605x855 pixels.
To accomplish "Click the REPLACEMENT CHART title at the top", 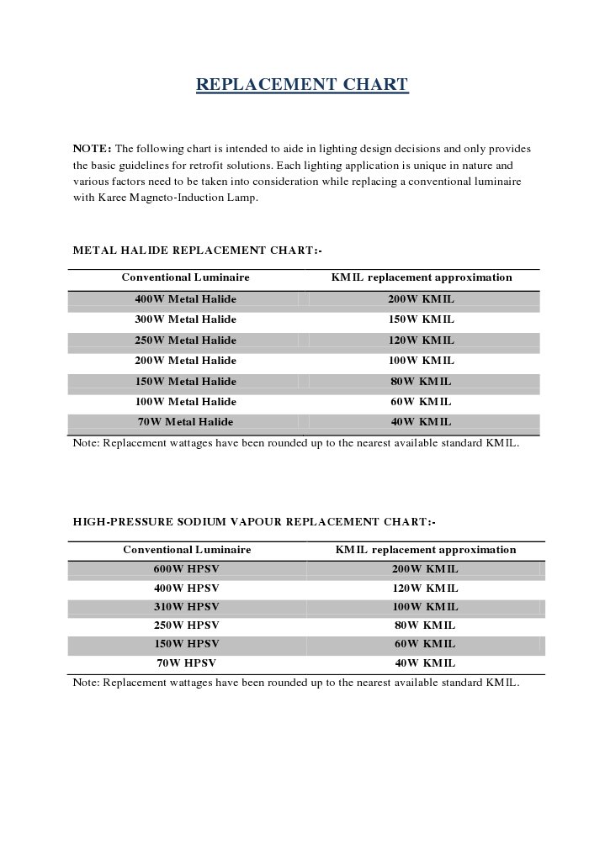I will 302,85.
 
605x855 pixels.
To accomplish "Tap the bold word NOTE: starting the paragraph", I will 92,149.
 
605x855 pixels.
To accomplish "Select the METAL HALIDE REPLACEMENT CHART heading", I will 197,251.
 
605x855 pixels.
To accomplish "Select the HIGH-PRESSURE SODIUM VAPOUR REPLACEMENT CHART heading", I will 254,522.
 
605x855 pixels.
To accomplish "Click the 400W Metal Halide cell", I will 185,299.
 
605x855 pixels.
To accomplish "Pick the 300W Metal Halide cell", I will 185,319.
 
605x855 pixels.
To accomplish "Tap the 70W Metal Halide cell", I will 185,422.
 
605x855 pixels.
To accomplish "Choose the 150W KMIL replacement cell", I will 422,319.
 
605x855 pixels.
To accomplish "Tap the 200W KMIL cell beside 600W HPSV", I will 425,569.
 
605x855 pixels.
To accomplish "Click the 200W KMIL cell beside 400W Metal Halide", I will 422,299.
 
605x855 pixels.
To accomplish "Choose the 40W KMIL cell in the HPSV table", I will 425,663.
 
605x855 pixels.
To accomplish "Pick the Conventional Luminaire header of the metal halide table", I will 185,277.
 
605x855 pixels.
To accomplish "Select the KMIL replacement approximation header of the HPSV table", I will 426,550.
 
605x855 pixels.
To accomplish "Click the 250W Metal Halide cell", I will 185,340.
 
